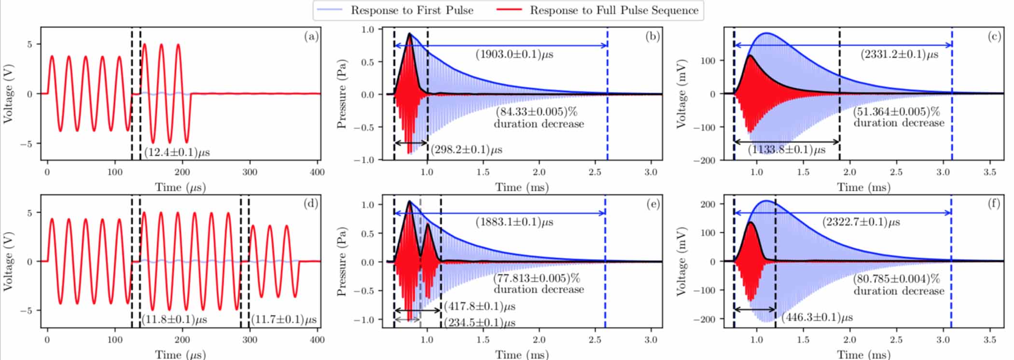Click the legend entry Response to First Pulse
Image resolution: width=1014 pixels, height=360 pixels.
[x=412, y=10]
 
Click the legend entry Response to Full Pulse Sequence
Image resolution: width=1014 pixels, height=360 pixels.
[x=614, y=10]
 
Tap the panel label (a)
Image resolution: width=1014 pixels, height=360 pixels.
[x=311, y=36]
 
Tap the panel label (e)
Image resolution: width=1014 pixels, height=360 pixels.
[x=653, y=204]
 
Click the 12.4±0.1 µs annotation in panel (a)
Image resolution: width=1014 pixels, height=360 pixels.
[x=177, y=152]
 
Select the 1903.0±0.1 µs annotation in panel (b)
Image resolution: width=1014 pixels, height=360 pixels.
[x=514, y=55]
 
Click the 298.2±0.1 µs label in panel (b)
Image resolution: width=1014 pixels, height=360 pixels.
[x=466, y=150]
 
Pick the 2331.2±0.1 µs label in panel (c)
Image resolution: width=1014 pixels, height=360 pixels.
[x=899, y=55]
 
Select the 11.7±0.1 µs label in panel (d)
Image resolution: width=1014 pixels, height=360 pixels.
[x=284, y=319]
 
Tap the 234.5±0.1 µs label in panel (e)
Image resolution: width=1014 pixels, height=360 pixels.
[x=479, y=322]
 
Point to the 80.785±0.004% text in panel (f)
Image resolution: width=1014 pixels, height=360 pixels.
[x=897, y=279]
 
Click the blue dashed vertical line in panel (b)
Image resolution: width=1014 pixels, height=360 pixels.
[x=607, y=97]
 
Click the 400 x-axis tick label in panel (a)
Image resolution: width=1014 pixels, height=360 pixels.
[x=317, y=172]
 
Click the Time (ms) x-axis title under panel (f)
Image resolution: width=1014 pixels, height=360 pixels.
[x=863, y=355]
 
